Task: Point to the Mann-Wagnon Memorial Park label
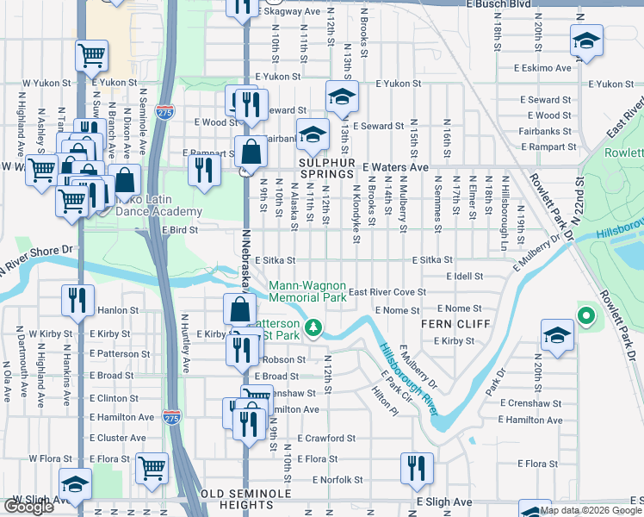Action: [x=307, y=291]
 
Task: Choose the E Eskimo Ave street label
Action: [x=542, y=67]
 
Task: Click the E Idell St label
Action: [x=465, y=276]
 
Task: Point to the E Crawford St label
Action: [x=326, y=438]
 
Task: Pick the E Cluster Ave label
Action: [x=115, y=438]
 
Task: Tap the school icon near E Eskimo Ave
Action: [x=586, y=40]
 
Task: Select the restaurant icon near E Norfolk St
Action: [x=418, y=468]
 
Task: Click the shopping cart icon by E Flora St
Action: [x=152, y=468]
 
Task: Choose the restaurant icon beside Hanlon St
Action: [x=77, y=300]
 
